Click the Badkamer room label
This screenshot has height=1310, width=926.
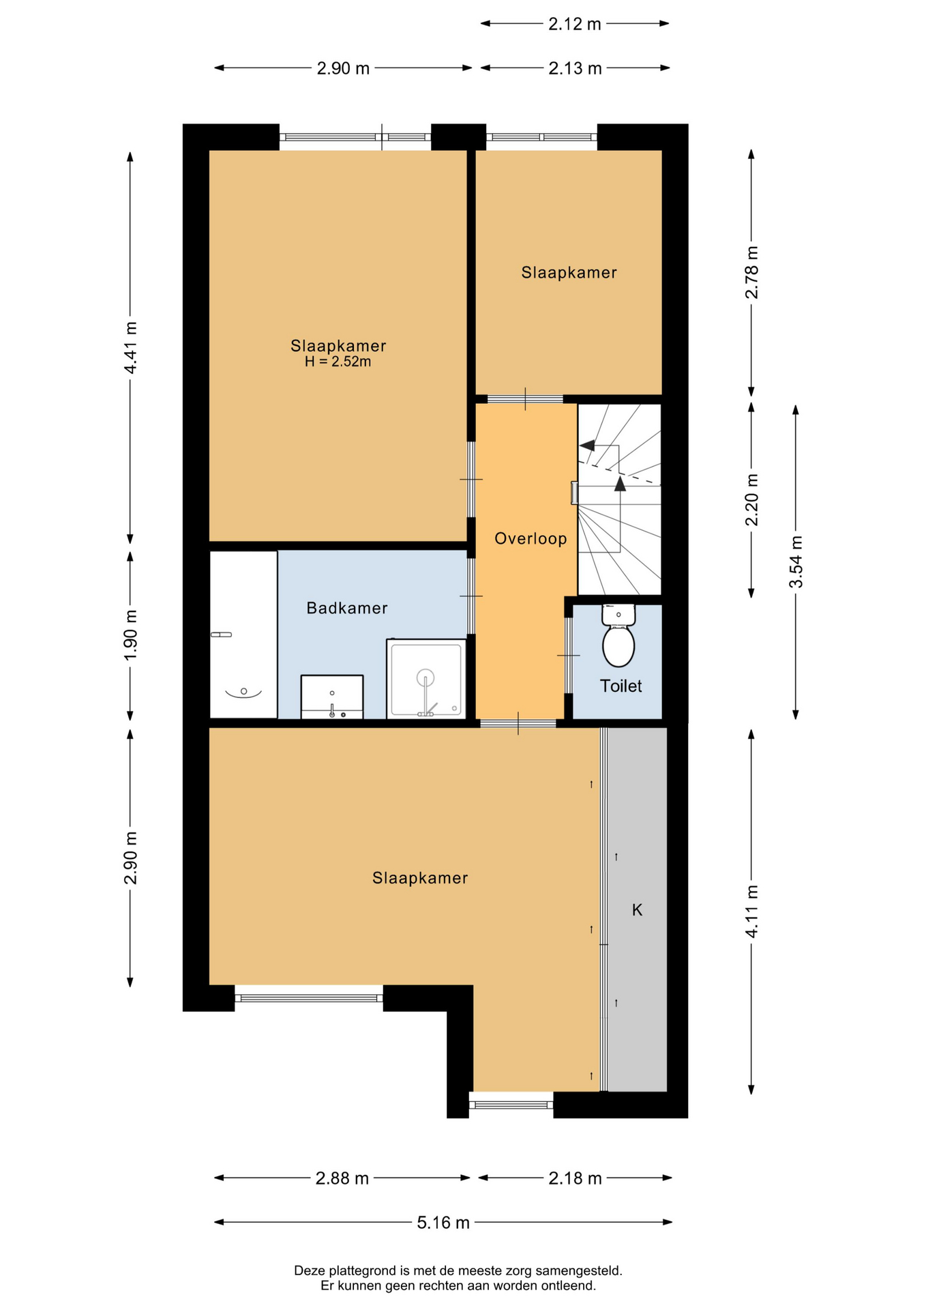point(346,608)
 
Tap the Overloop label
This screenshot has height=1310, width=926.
point(531,539)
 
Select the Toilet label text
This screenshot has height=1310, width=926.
point(621,686)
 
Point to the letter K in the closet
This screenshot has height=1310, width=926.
point(637,909)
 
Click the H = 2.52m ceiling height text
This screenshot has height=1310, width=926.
point(338,362)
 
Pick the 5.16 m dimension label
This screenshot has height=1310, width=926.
point(443,1222)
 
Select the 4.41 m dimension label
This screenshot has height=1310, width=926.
point(130,347)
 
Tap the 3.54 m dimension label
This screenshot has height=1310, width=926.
point(796,562)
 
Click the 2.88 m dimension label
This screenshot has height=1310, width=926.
point(342,1178)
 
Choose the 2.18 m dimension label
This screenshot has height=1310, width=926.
point(575,1178)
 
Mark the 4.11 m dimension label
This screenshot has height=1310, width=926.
point(751,912)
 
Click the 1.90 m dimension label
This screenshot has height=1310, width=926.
point(130,635)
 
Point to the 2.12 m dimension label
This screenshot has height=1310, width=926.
point(575,24)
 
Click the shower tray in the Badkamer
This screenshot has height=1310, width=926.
point(426,679)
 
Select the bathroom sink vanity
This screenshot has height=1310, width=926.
point(332,697)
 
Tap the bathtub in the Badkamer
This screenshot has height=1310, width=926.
point(243,635)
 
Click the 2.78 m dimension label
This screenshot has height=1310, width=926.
point(751,272)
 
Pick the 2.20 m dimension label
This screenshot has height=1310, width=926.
point(751,500)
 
